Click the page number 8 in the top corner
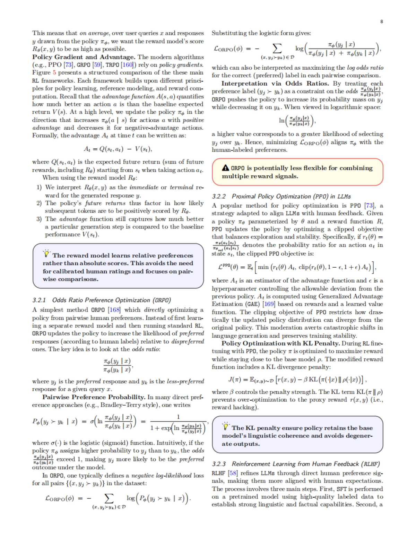tap(382, 21)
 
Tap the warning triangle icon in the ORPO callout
tap(225, 168)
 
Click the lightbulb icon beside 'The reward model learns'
tap(46, 254)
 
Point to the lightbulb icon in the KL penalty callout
tap(226, 427)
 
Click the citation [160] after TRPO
tap(127, 65)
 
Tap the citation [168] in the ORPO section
tap(114, 310)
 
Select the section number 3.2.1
tap(39, 300)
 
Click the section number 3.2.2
tap(219, 197)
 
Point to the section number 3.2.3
tap(219, 464)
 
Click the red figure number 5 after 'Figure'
tap(54, 73)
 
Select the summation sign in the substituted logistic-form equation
tap(277, 48)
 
